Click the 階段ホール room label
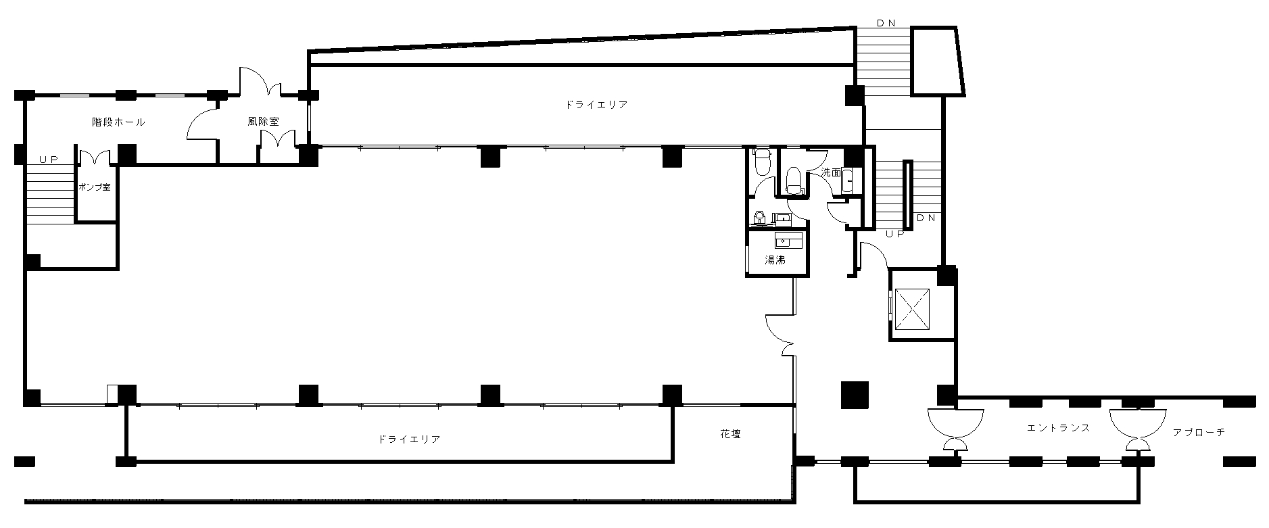point(118,122)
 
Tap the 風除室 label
point(263,122)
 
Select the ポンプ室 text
point(95,187)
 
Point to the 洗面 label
point(831,172)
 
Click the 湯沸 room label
point(775,260)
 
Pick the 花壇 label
point(730,433)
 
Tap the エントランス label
point(1058,428)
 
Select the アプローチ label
point(1199,432)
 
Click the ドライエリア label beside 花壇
point(409,439)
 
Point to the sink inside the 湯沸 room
point(788,240)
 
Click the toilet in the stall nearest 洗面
point(794,181)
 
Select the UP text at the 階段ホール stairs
point(48,160)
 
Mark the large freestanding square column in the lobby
point(855,395)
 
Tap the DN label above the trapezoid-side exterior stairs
point(886,22)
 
